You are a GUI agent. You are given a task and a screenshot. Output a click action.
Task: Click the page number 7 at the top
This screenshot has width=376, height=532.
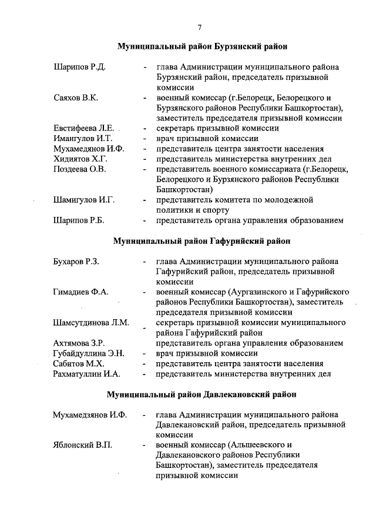(x=200, y=27)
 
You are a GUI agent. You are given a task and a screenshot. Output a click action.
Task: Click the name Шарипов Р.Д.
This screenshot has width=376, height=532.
(x=79, y=67)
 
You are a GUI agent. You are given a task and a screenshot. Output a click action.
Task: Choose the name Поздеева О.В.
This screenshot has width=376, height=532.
(x=79, y=169)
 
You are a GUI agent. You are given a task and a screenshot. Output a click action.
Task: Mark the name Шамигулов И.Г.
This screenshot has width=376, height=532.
(x=83, y=200)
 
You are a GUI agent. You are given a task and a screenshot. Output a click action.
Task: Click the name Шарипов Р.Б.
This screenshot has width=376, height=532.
(x=79, y=220)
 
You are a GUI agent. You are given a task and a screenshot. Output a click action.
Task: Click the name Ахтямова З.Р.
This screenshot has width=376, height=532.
(x=79, y=343)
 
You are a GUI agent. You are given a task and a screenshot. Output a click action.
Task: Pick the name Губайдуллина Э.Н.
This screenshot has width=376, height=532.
(x=89, y=353)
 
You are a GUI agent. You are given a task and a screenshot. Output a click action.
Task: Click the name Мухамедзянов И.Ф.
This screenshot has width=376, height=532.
(x=89, y=414)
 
